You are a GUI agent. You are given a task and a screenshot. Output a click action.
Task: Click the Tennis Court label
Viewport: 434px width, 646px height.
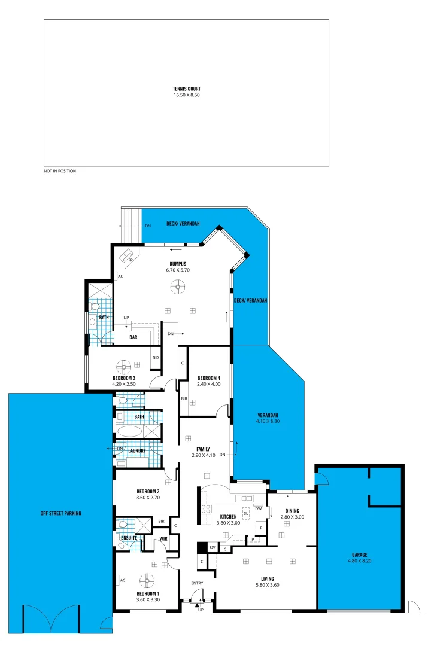coord(186,89)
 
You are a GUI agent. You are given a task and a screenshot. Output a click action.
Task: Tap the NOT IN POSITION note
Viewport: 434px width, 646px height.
coord(60,171)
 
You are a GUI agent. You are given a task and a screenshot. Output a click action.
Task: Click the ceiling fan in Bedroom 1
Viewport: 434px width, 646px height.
coord(147,580)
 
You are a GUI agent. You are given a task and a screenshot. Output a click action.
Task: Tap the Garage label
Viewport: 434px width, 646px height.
coord(360,554)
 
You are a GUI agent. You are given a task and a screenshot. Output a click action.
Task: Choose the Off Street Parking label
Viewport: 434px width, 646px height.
coord(60,513)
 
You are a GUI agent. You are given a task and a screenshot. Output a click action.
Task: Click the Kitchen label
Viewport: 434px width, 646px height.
coord(229,516)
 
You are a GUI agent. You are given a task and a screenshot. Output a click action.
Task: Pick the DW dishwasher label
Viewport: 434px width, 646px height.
coord(258,509)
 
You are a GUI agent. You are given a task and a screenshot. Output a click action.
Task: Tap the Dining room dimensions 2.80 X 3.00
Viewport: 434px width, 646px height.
coord(292,517)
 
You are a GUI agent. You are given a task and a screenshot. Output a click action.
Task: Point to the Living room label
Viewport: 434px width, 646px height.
coord(268,578)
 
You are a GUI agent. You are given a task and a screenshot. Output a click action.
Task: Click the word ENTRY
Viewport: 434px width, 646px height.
coord(198,583)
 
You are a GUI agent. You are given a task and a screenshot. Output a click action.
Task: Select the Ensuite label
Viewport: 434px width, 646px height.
coord(129,538)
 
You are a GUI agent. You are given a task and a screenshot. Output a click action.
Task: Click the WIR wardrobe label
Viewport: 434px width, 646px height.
coord(163,538)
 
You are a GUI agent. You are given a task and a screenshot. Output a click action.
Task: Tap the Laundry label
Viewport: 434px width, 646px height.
coord(137,450)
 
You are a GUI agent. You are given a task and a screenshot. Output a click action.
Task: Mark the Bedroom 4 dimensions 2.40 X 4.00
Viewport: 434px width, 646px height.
coord(209,383)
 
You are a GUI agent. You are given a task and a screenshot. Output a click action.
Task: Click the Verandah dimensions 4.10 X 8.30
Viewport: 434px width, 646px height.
coord(264,421)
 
